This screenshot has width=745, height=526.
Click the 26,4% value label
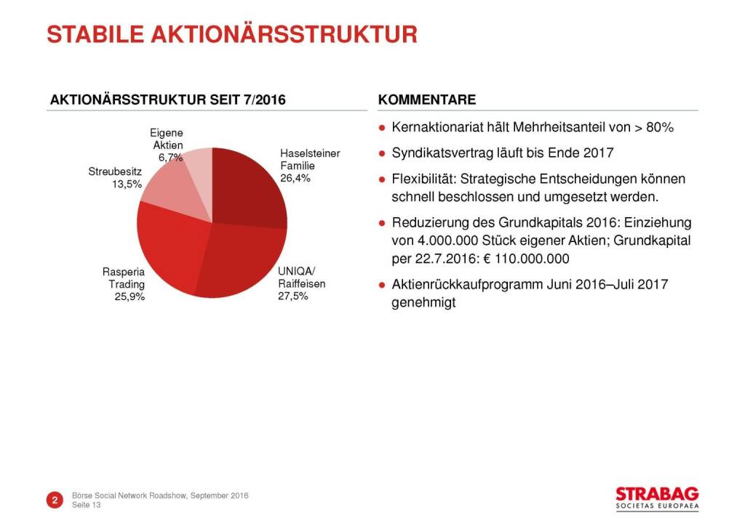[x=295, y=179]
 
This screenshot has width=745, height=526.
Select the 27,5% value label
[x=293, y=296]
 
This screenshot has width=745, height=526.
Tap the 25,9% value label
[x=130, y=296]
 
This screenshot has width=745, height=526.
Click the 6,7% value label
[x=170, y=157]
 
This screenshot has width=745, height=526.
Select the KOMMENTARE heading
[x=427, y=100]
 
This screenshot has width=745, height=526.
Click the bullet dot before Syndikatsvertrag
[x=381, y=153]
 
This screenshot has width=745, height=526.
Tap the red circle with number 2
[x=55, y=500]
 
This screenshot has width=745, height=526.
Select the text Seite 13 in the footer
[x=87, y=505]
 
